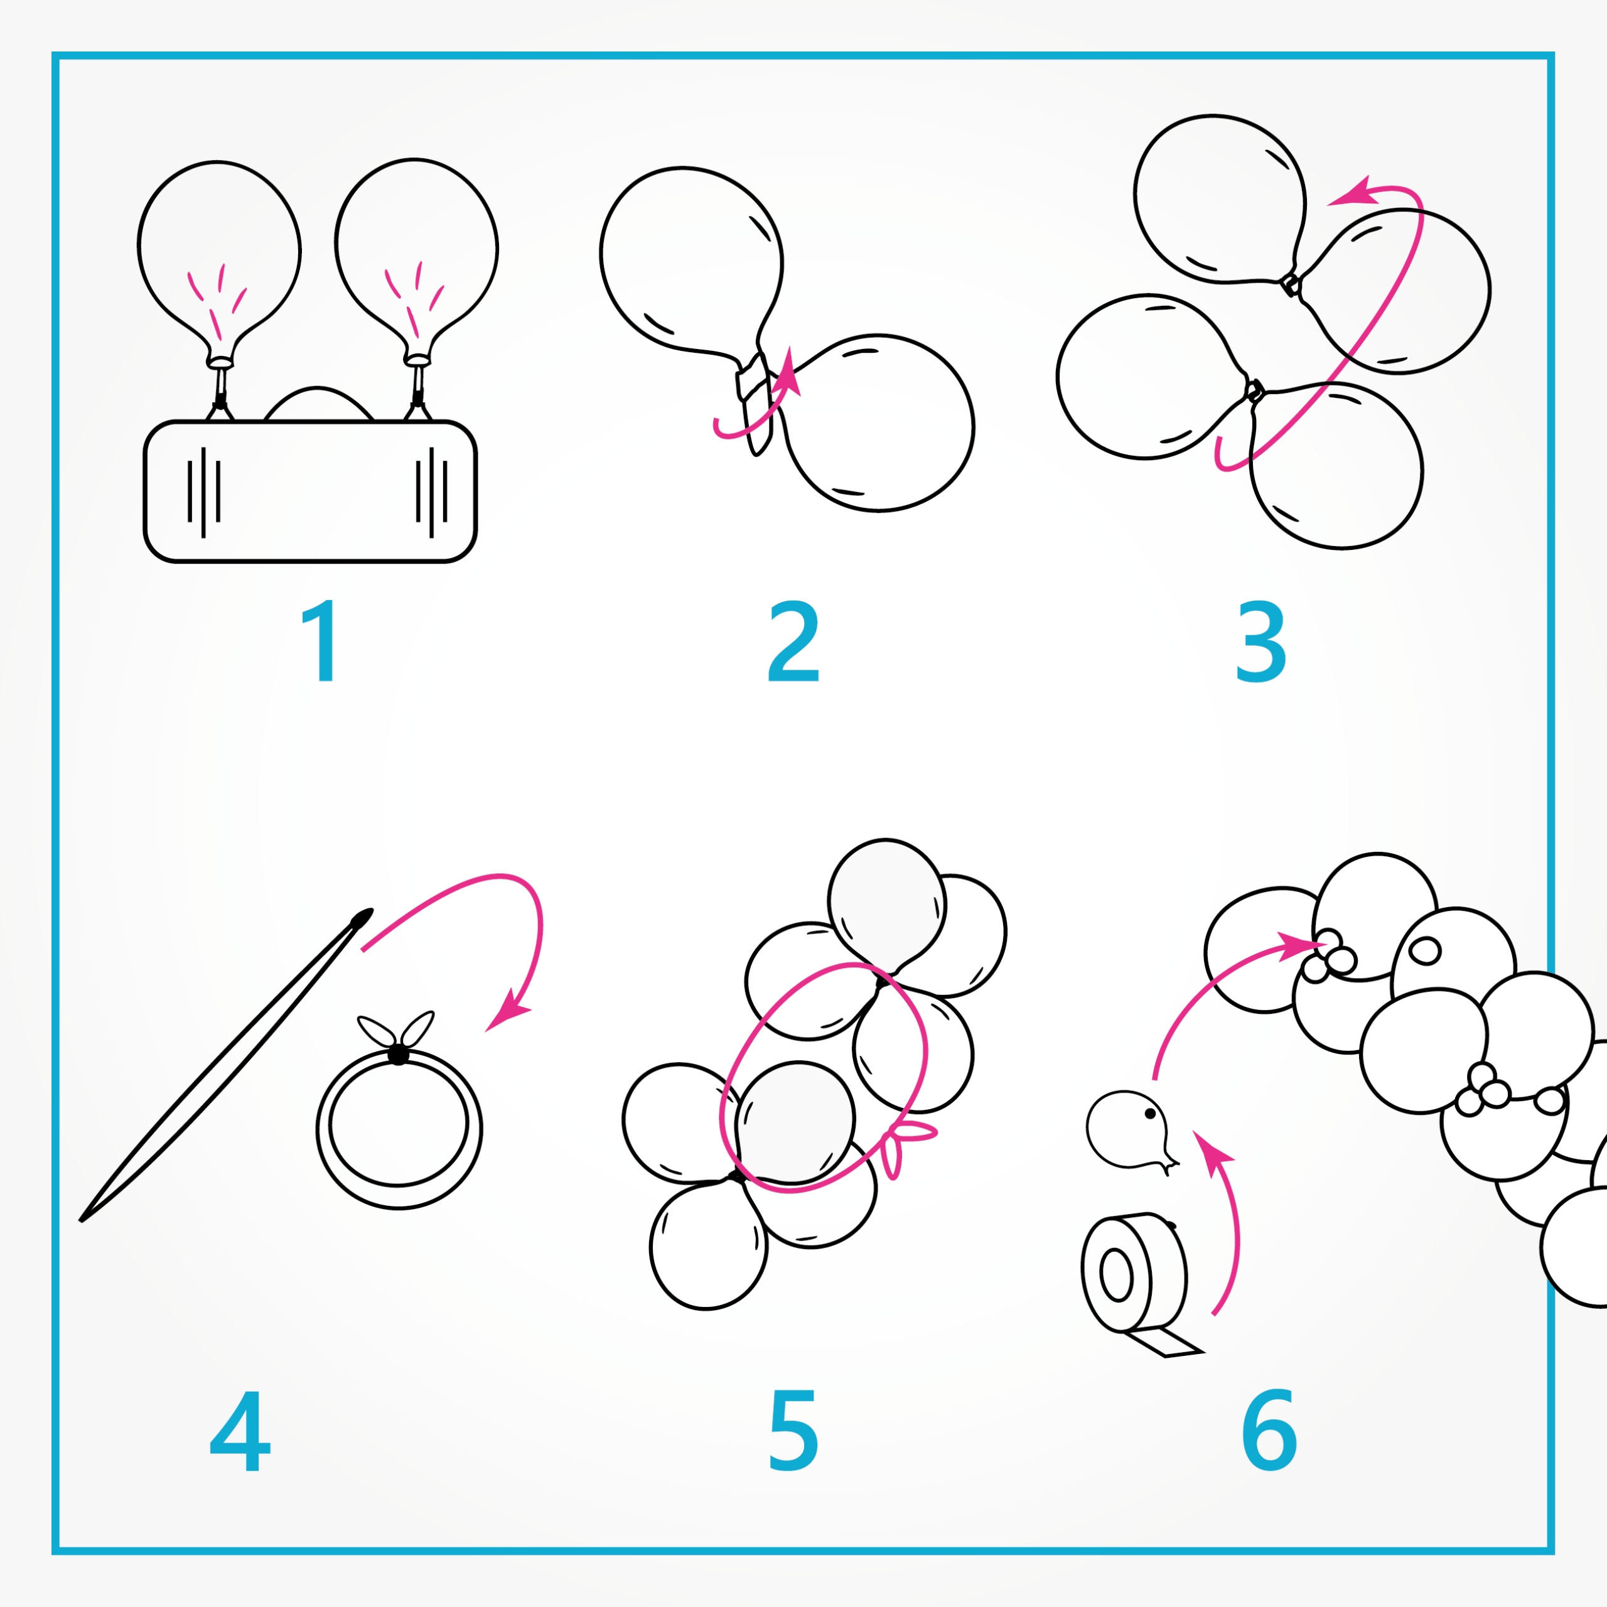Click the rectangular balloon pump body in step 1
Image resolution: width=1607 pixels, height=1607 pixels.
310,492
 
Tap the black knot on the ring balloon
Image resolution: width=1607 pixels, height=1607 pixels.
399,1054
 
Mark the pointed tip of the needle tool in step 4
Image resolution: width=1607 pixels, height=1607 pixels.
81,1221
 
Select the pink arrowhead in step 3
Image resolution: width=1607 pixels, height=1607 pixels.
1351,192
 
